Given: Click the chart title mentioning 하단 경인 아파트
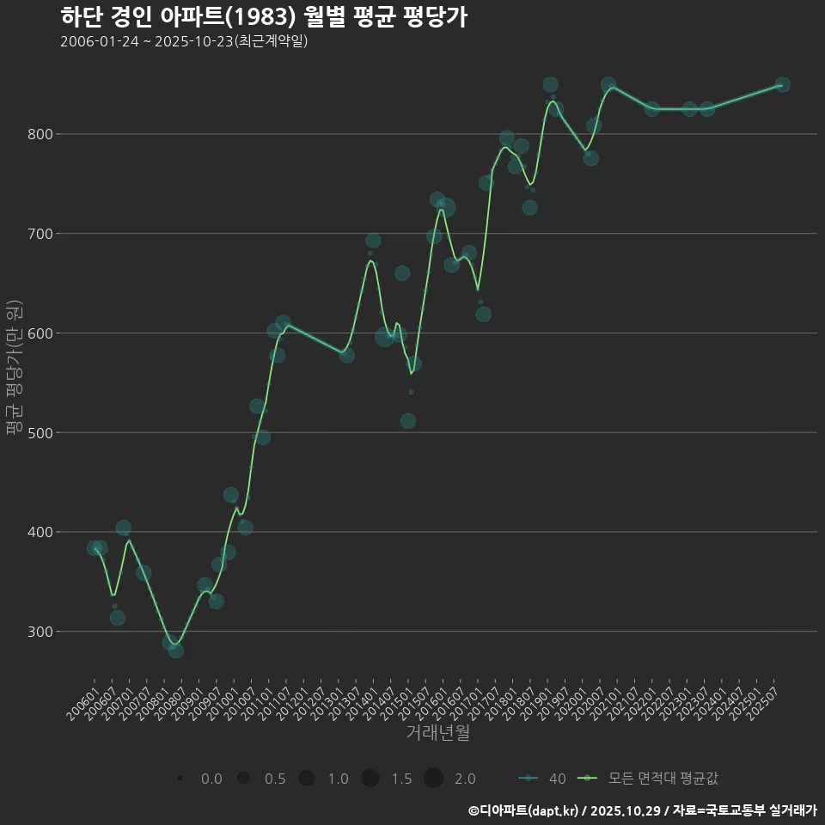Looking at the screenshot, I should tap(264, 17).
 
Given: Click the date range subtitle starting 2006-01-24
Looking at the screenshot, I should tap(184, 41).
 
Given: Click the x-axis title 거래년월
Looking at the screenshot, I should tap(437, 733).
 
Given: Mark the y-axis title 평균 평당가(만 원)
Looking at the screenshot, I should tap(13, 370).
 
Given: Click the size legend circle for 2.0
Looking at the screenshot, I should tap(433, 779).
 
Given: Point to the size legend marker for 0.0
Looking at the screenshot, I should tap(180, 779).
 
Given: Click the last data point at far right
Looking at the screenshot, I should tap(782, 85).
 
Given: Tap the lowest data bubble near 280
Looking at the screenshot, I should tap(175, 651).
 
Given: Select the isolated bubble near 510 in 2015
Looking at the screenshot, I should tap(408, 421).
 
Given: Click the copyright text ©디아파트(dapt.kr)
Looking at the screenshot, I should tap(523, 810).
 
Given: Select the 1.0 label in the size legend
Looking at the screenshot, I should tap(338, 779).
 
